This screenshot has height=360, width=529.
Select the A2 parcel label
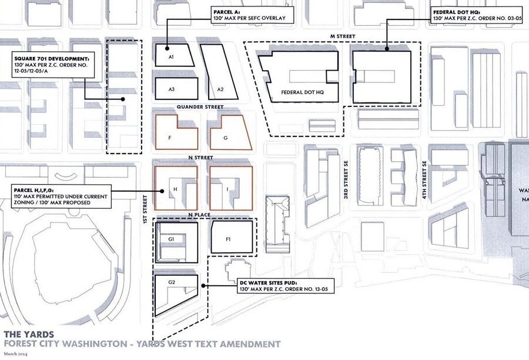click(220, 89)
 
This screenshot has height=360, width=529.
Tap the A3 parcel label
click(172, 89)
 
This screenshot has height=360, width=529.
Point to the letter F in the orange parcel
click(169, 138)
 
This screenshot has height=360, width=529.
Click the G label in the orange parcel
click(225, 138)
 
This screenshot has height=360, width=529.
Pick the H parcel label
click(175, 189)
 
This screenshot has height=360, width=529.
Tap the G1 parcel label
click(172, 239)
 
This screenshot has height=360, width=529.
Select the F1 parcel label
click(229, 239)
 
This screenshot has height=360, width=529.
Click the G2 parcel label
click(172, 282)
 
